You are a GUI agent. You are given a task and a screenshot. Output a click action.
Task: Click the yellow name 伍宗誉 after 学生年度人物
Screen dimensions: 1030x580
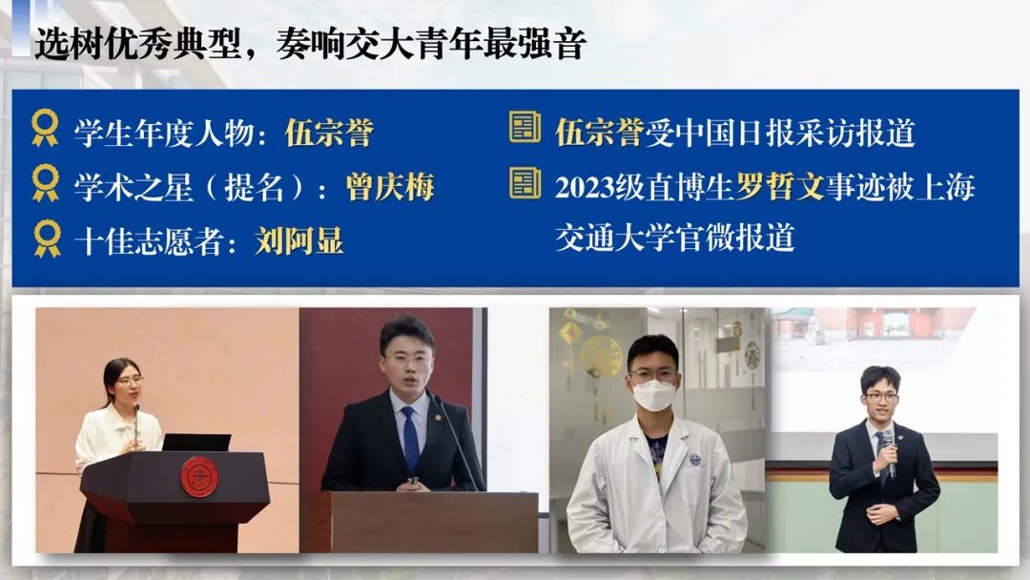[329, 133]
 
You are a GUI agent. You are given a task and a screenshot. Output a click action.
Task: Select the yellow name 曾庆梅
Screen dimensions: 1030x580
[390, 187]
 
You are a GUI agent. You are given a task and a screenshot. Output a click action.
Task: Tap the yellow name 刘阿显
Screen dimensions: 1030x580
[299, 241]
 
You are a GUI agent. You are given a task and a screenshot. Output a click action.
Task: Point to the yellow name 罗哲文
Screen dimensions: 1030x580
[780, 187]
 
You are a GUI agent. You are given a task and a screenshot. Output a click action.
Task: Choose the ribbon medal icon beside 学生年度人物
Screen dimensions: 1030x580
[46, 128]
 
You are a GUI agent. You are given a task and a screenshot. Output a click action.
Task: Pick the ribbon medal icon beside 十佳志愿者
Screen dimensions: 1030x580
[48, 238]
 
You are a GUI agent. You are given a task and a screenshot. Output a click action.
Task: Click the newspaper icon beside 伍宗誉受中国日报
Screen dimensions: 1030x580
[525, 128]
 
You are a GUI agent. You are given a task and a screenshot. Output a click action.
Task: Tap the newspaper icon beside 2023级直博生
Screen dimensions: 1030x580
[525, 183]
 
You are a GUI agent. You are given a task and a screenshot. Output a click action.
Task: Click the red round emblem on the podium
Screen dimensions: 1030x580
[198, 478]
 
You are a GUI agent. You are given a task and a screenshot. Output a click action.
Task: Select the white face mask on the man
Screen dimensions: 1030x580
[654, 396]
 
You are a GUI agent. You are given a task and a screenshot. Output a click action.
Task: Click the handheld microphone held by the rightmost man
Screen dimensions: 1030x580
[889, 452]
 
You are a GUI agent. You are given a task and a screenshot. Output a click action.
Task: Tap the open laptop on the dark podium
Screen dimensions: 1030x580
[196, 442]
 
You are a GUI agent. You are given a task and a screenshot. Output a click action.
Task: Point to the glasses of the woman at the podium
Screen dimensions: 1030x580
[129, 381]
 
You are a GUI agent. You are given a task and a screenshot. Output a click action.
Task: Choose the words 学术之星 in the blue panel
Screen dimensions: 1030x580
[133, 187]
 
